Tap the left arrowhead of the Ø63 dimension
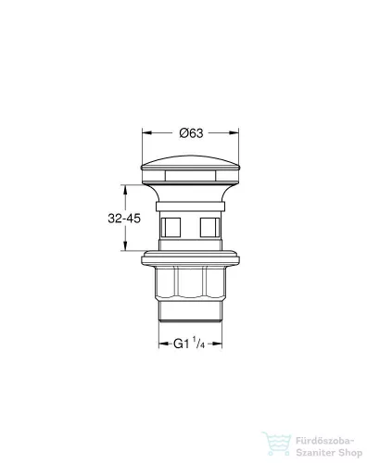pos(145,134)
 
